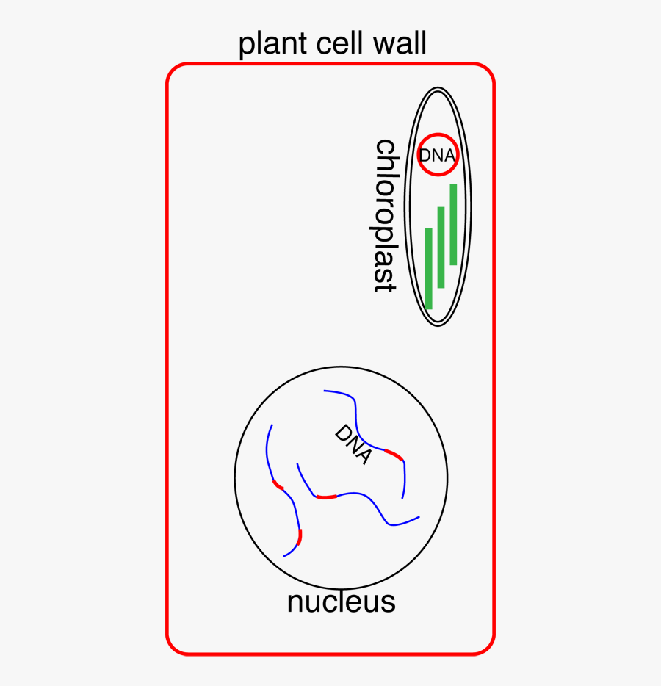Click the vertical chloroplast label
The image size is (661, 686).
click(x=386, y=215)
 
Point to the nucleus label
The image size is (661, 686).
click(x=341, y=602)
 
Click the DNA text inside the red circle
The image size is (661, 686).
click(x=437, y=156)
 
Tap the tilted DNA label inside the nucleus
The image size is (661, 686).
click(x=353, y=444)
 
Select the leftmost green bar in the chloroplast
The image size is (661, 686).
click(x=429, y=268)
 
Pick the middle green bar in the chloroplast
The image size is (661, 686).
click(x=441, y=248)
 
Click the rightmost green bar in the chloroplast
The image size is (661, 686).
click(x=453, y=224)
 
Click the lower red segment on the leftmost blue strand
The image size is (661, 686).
click(x=300, y=536)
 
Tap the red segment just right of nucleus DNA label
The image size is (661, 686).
click(x=394, y=455)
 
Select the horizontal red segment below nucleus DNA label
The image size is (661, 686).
click(x=326, y=497)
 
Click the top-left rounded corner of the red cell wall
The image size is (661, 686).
click(x=173, y=71)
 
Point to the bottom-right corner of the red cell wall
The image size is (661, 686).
click(x=488, y=647)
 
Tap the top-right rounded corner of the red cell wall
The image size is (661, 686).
click(x=488, y=71)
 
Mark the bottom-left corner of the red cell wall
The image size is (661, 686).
click(x=173, y=647)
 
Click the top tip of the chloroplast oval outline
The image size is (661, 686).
click(x=438, y=87)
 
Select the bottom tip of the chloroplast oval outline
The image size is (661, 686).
click(x=438, y=325)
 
